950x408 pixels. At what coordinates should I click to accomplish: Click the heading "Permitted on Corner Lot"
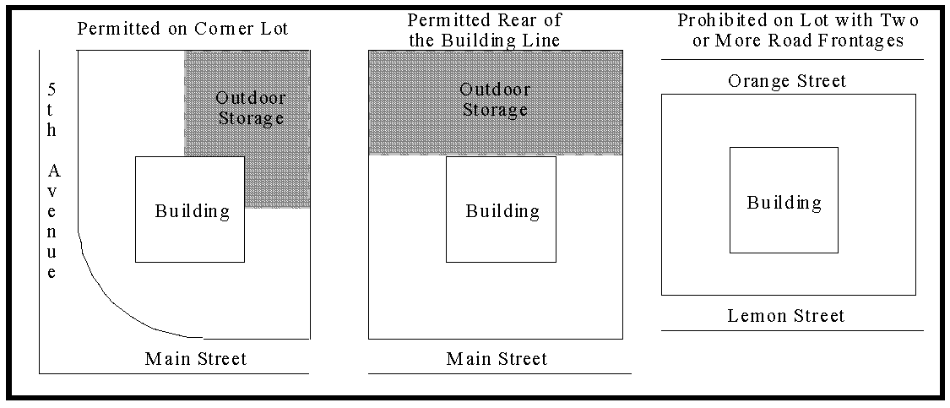[x=182, y=30]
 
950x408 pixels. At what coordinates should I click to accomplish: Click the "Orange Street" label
[x=786, y=81]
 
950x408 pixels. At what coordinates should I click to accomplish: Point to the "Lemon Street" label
[x=786, y=317]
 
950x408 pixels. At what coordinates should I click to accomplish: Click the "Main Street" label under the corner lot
[x=196, y=359]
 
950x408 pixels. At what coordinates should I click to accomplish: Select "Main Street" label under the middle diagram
[x=497, y=359]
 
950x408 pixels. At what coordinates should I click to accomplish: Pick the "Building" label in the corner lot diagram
[x=192, y=211]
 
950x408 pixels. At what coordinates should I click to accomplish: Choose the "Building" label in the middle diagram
[x=502, y=211]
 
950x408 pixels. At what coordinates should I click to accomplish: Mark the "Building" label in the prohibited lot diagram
[x=784, y=203]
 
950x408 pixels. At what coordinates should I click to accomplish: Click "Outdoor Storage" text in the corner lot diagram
[x=250, y=107]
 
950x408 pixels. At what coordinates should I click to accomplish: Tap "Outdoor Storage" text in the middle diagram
[x=496, y=100]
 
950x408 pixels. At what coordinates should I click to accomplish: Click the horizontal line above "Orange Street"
[x=792, y=60]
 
